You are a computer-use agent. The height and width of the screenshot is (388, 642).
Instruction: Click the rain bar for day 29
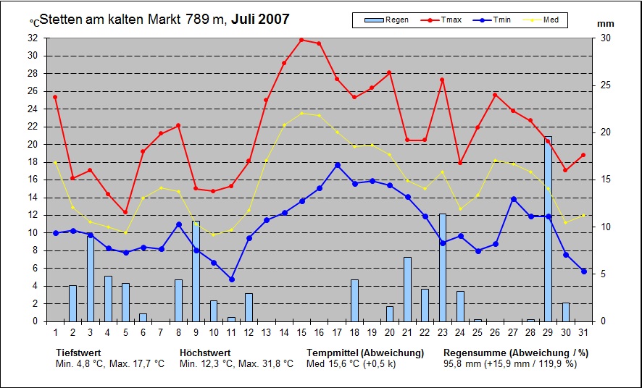pyautogui.click(x=548, y=229)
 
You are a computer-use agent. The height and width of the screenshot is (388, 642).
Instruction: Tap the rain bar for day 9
pyautogui.click(x=196, y=271)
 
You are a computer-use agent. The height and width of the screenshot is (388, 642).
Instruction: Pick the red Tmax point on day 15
pyautogui.click(x=301, y=40)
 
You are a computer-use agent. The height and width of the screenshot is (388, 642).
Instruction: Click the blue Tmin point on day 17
pyautogui.click(x=337, y=165)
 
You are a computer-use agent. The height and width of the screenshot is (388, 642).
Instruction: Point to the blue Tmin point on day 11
pyautogui.click(x=231, y=279)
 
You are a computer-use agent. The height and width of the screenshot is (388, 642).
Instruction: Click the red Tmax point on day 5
pyautogui.click(x=125, y=212)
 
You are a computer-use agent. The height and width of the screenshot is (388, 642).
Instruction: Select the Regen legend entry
pyautogui.click(x=388, y=20)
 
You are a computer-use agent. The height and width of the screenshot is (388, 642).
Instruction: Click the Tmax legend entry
pyautogui.click(x=443, y=20)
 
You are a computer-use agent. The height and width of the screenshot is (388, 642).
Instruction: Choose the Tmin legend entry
pyautogui.click(x=494, y=20)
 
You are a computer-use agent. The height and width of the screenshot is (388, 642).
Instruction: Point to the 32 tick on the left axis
pyautogui.click(x=33, y=38)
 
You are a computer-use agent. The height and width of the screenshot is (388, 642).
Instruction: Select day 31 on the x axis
pyautogui.click(x=583, y=332)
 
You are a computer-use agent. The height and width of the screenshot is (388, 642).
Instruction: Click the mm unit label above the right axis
pyautogui.click(x=605, y=24)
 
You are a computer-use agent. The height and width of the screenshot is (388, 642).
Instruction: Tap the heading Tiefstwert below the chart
pyautogui.click(x=78, y=353)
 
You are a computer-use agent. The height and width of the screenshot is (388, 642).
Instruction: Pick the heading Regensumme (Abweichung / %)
pyautogui.click(x=515, y=353)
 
